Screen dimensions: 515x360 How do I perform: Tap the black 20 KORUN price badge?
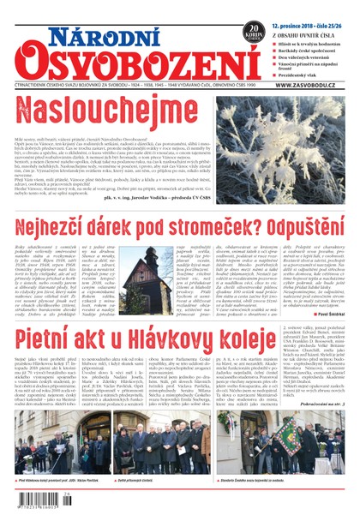click(255, 33)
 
